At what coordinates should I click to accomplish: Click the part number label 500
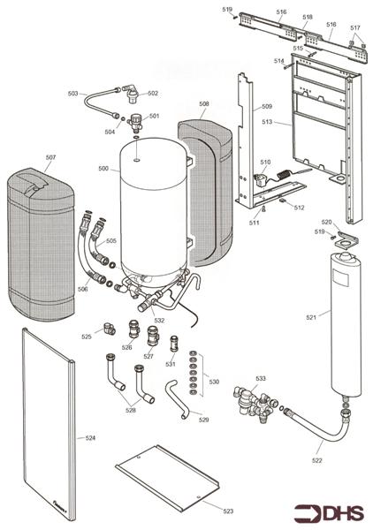click(x=103, y=169)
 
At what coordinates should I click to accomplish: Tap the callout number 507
click(x=50, y=158)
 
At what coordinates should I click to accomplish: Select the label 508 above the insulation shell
click(x=204, y=104)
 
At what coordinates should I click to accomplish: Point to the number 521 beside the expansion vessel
click(x=335, y=315)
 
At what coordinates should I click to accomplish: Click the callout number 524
click(x=89, y=436)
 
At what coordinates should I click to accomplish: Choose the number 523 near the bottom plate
click(x=228, y=511)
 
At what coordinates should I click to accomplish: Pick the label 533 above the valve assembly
click(x=261, y=378)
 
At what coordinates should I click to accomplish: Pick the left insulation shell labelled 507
click(x=40, y=238)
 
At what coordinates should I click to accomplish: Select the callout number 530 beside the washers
click(x=212, y=381)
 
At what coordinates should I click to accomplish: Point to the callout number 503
click(x=73, y=93)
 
